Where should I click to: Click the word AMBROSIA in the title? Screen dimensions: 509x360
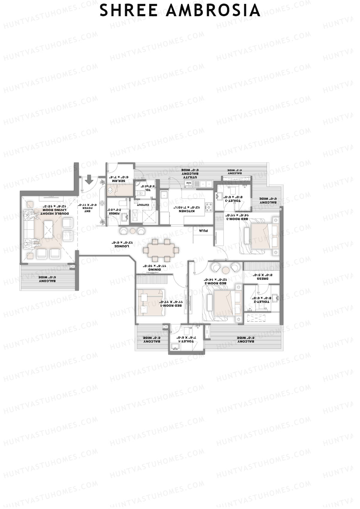coord(213,11)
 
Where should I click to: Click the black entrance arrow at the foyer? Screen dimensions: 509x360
coord(89,181)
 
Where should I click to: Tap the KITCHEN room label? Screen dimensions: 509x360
coord(187,211)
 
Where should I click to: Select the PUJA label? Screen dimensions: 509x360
coord(203,231)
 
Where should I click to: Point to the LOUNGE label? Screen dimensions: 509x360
coord(121,246)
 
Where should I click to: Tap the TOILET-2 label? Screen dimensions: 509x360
coord(262,301)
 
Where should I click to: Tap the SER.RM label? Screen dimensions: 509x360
coord(118,181)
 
